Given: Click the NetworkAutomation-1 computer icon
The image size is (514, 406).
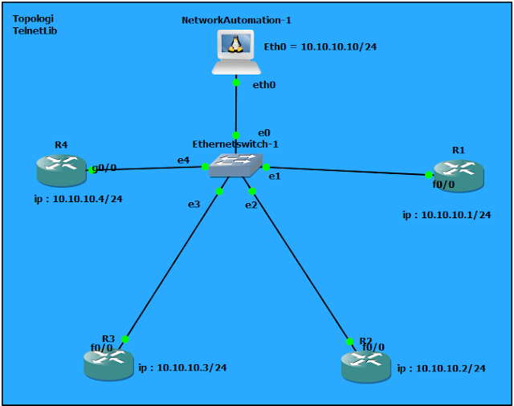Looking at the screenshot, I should coord(235,51).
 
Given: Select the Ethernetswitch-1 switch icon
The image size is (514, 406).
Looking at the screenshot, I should coord(235,164).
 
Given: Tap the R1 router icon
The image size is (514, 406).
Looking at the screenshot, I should coord(459,175).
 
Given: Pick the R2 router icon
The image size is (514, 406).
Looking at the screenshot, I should coord(365,364).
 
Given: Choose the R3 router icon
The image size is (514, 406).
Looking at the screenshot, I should coord(108,363).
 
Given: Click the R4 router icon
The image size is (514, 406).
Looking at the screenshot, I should coord(61,169).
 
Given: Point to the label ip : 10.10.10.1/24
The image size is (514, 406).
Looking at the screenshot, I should coord(447,215).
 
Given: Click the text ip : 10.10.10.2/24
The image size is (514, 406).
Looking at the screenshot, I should coord(441,368).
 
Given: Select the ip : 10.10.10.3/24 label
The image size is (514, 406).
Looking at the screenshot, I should coord(182,367).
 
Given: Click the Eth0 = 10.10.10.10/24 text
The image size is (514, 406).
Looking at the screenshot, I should coord(320,47).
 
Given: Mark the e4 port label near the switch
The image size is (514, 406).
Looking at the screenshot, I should coord(183,160).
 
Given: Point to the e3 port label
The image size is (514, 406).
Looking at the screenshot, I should coord(194,204).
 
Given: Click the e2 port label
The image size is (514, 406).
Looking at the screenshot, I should coord(251,205).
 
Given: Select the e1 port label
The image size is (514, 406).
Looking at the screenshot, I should coord(274,176).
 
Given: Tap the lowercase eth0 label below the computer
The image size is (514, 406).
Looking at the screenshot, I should coord(264,83).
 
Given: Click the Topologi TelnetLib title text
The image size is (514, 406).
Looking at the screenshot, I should coord(35,24).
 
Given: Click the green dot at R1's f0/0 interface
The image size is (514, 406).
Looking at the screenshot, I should coord(428,174).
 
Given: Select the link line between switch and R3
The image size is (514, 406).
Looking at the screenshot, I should coord(173,266).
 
